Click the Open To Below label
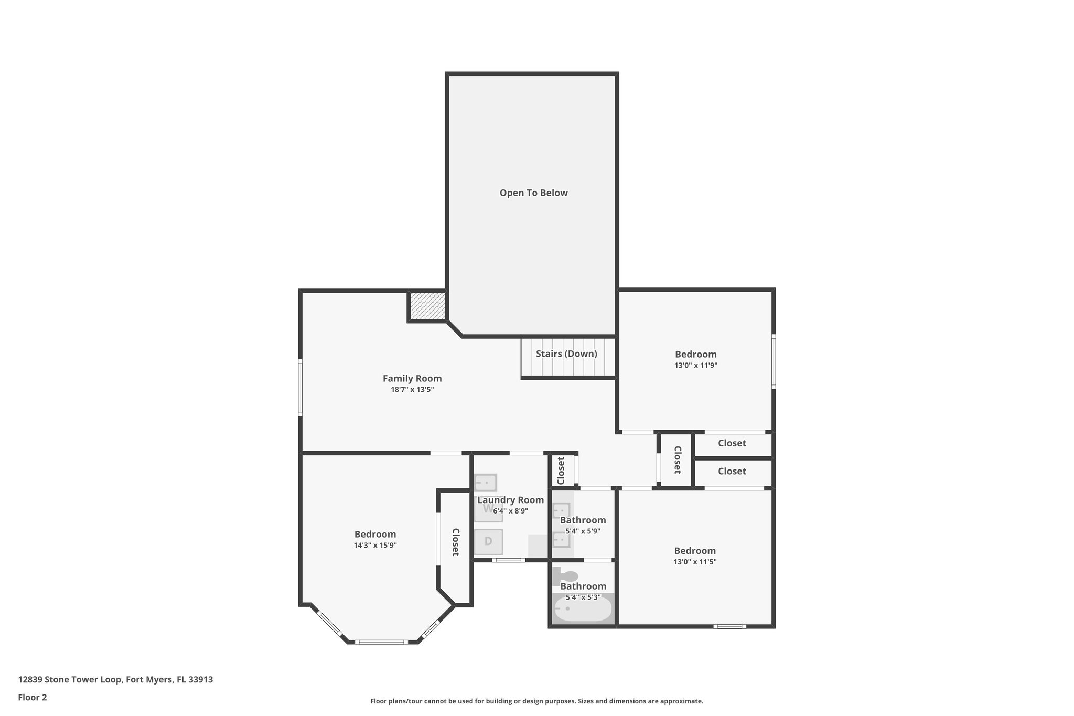click(533, 193)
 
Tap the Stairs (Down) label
click(566, 354)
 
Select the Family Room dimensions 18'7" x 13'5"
click(412, 390)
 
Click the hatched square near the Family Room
click(427, 306)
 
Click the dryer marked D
click(488, 542)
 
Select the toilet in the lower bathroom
click(565, 576)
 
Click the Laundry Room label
click(510, 500)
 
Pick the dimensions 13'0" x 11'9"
click(695, 366)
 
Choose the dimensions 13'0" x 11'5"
click(695, 562)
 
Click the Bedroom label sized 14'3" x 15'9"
click(375, 534)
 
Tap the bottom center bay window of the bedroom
click(381, 642)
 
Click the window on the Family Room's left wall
click(300, 387)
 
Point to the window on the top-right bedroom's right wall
click(774, 362)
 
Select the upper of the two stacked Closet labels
click(732, 443)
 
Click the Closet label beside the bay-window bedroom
click(455, 542)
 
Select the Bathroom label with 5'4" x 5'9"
click(583, 520)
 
